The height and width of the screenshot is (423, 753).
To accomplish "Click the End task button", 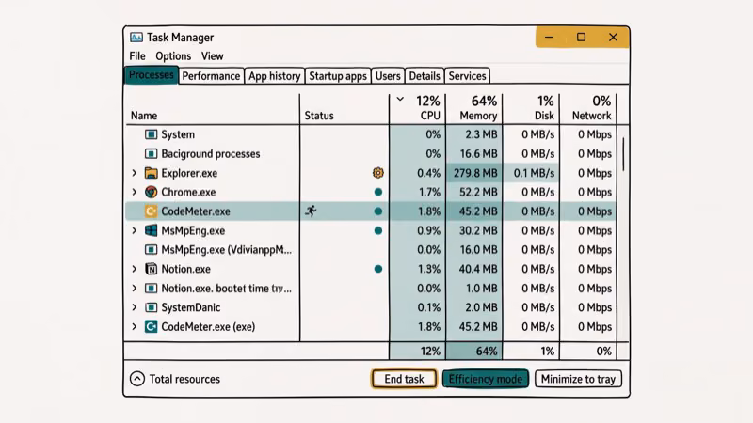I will (404, 379).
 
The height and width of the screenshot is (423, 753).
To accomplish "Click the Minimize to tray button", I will (579, 379).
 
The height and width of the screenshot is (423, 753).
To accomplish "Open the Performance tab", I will (211, 76).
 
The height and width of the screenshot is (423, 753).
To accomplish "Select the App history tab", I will (275, 76).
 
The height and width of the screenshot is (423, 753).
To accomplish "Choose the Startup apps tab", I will (338, 76).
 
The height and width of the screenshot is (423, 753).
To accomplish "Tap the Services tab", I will (467, 76).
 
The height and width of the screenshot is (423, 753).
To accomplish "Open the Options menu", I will (173, 56).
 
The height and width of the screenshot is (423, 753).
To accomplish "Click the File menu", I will (137, 56).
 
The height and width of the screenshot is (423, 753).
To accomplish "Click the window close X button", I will (613, 38).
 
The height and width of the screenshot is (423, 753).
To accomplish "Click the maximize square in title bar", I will (581, 38).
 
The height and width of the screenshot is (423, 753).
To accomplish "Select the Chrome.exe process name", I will (188, 192).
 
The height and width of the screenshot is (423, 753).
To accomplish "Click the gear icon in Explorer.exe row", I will (378, 173).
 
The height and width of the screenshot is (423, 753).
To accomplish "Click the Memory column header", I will (478, 116).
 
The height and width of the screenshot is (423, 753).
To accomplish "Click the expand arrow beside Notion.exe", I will (135, 269).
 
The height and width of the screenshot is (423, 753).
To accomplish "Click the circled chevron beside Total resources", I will (137, 379).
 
